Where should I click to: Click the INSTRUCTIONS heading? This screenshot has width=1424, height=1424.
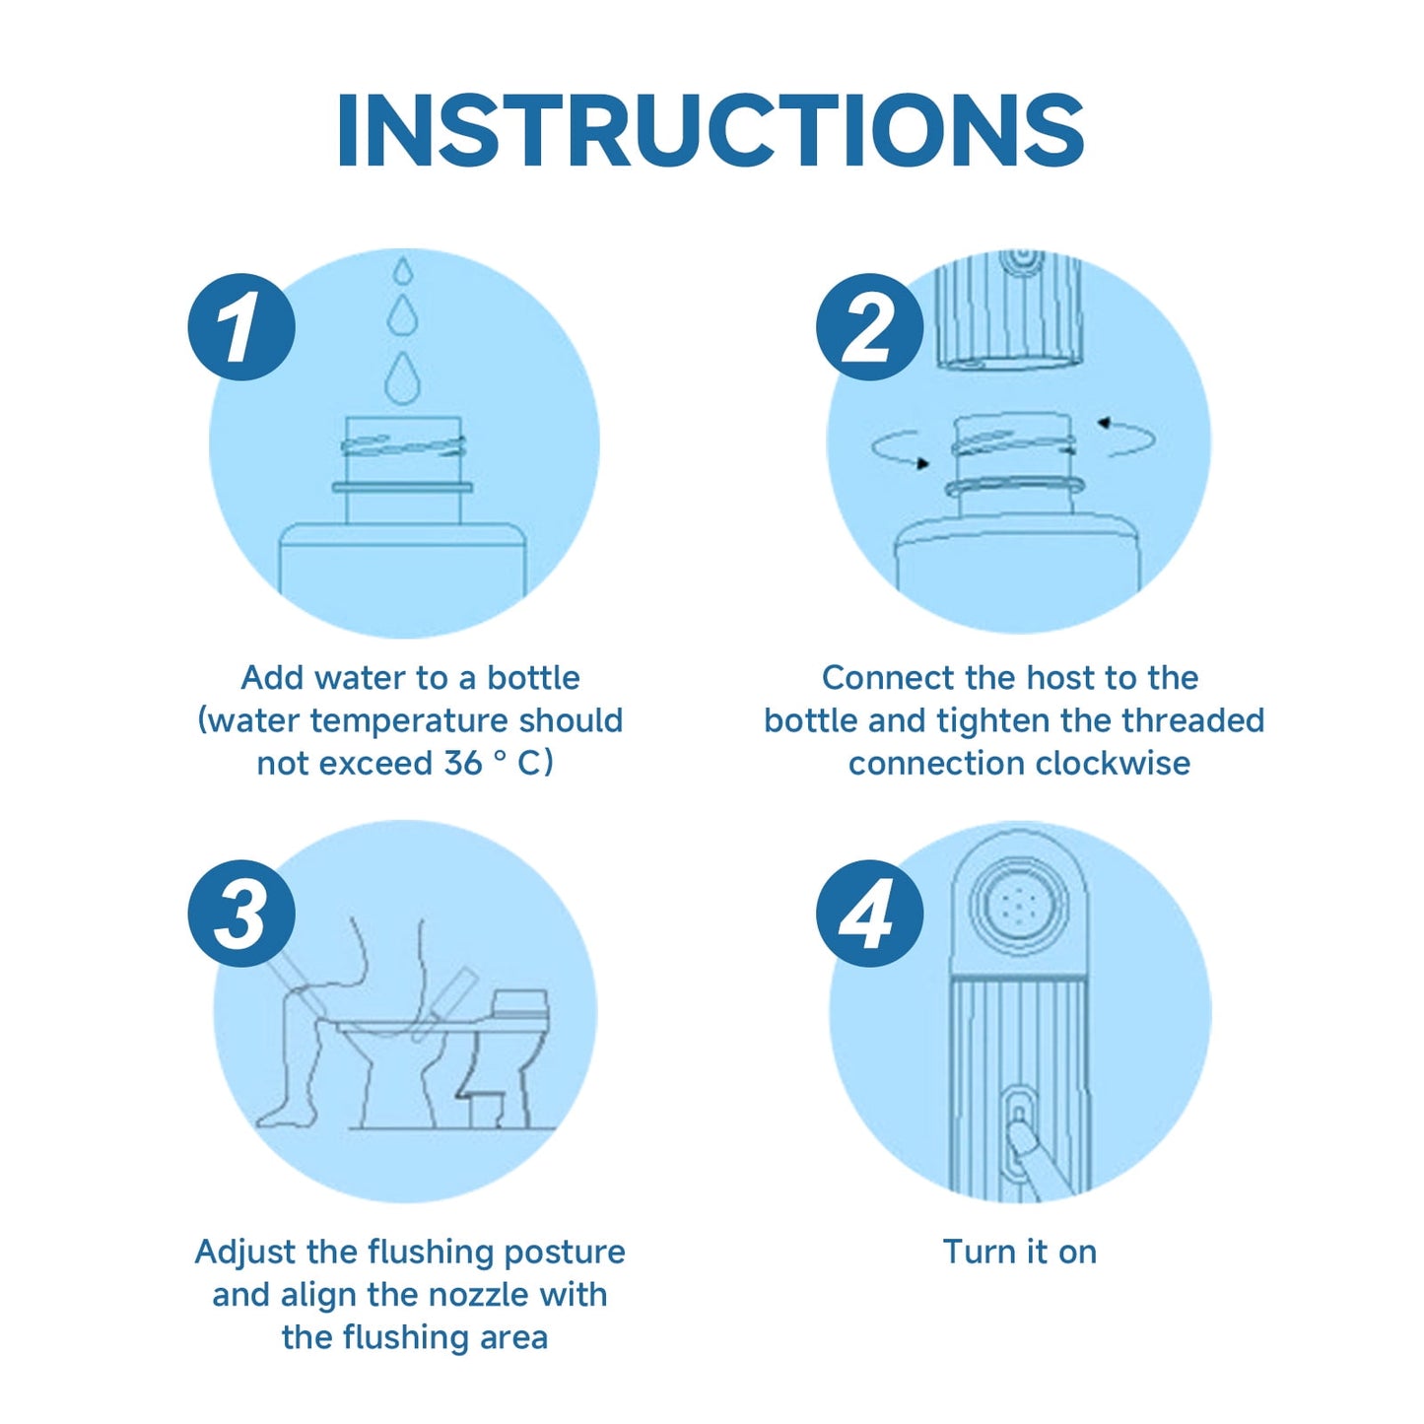[711, 130]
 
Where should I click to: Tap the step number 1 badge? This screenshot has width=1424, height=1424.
[241, 326]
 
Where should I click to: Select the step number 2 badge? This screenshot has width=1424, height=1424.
[870, 326]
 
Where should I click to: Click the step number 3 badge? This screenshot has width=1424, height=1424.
[241, 914]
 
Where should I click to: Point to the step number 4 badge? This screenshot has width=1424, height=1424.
[870, 914]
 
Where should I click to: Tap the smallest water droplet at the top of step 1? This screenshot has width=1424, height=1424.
[403, 270]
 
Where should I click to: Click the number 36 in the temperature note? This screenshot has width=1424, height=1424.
[464, 763]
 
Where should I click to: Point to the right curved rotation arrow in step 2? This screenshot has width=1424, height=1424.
[1126, 438]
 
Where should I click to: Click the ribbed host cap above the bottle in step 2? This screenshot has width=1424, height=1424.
[1009, 309]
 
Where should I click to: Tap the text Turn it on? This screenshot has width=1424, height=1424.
[1020, 1252]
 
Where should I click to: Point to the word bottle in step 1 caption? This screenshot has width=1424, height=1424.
[533, 678]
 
